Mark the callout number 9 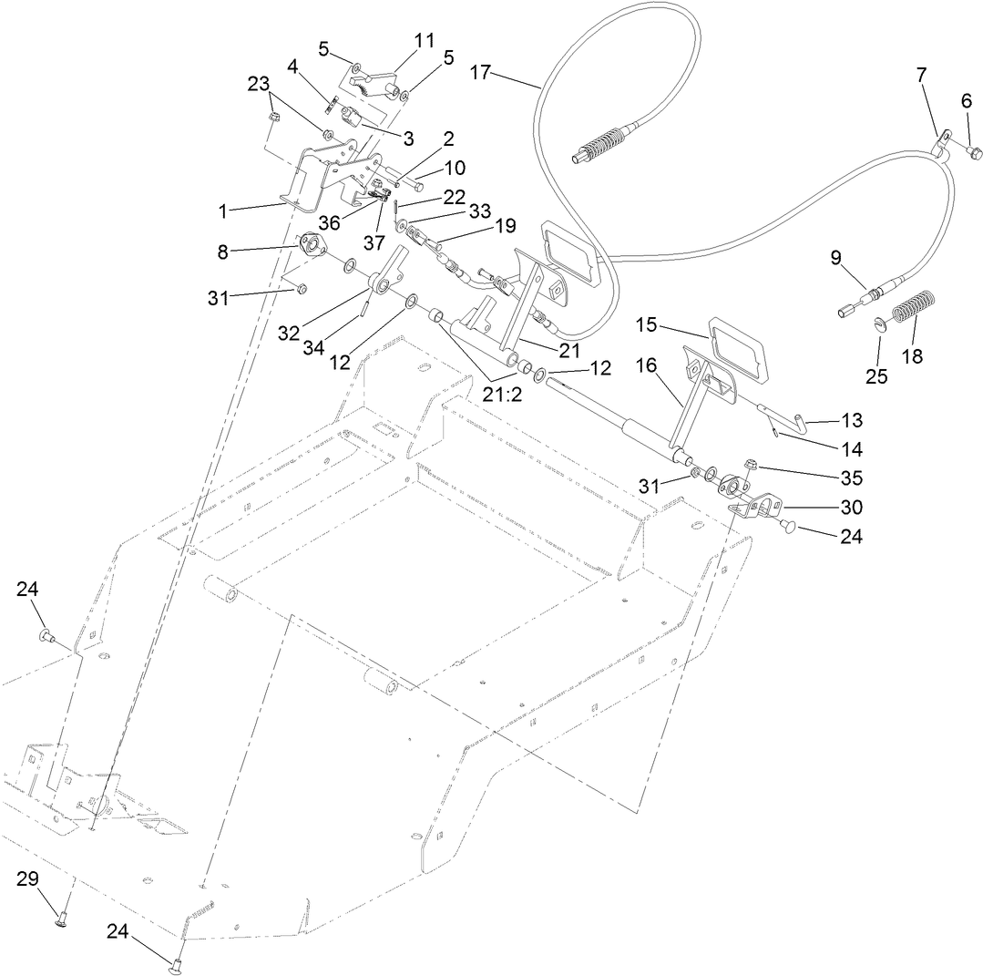pos(836,258)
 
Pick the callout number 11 pos(425,41)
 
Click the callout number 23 pos(259,83)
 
